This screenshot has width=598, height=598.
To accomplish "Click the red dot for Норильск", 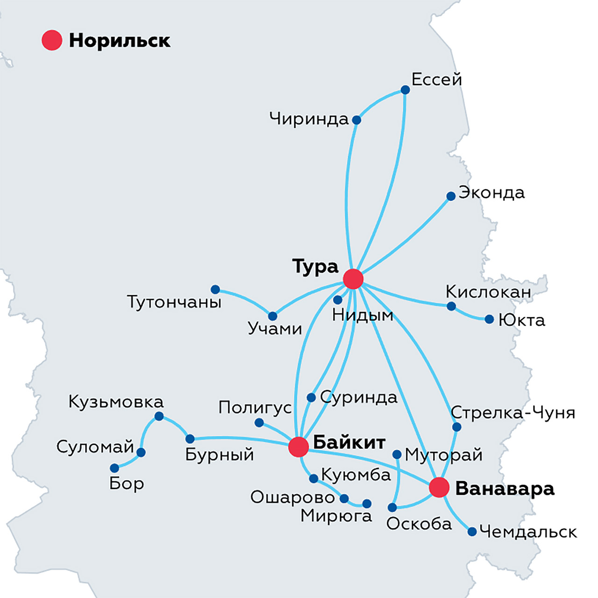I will pyautogui.click(x=52, y=40).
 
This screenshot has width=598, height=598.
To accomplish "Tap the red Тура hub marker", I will pyautogui.click(x=353, y=279).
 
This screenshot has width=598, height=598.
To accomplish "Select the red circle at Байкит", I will pyautogui.click(x=299, y=447).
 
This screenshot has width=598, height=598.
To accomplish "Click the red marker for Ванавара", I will pyautogui.click(x=439, y=488).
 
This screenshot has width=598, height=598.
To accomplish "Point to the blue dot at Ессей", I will pyautogui.click(x=405, y=90).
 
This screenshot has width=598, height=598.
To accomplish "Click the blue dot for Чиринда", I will pyautogui.click(x=356, y=120).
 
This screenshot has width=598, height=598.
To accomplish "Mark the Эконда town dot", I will pyautogui.click(x=451, y=196).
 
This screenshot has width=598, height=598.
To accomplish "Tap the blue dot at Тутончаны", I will pyautogui.click(x=215, y=290).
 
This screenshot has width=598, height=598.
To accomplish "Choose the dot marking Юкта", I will pyautogui.click(x=489, y=320).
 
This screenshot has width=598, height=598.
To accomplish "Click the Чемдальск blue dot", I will pyautogui.click(x=472, y=532).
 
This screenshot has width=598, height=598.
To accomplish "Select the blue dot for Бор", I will pyautogui.click(x=114, y=468).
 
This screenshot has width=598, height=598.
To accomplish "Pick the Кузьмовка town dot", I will pyautogui.click(x=159, y=416).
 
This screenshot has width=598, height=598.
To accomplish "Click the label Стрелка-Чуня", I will pyautogui.click(x=513, y=413).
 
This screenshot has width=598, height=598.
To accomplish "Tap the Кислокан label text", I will pyautogui.click(x=488, y=292).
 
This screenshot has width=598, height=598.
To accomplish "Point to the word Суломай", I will pyautogui.click(x=95, y=447).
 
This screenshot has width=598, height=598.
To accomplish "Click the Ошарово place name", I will pyautogui.click(x=292, y=498).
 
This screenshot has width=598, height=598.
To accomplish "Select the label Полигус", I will pyautogui.click(x=255, y=408).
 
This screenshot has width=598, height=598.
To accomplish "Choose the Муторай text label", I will pyautogui.click(x=443, y=455).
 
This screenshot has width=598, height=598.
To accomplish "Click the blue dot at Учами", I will pyautogui.click(x=272, y=316).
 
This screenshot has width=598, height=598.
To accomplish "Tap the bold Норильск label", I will pyautogui.click(x=120, y=41).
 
